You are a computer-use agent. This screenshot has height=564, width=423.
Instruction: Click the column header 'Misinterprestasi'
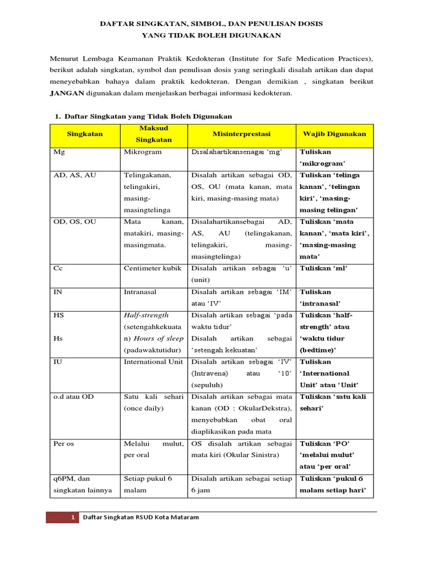click(241, 134)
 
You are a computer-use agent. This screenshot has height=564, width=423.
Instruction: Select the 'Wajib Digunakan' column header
click(334, 134)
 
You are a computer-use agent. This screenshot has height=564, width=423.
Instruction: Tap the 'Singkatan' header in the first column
click(85, 134)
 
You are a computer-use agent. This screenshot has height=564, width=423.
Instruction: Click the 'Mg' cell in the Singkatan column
click(58, 152)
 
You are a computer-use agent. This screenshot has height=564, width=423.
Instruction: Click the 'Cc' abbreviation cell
click(58, 268)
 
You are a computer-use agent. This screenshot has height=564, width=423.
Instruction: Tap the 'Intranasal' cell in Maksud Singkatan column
click(142, 292)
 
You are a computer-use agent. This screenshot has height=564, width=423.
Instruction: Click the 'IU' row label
click(58, 362)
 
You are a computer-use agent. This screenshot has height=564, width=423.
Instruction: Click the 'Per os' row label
click(63, 443)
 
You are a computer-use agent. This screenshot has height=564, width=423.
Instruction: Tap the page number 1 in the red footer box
click(73, 518)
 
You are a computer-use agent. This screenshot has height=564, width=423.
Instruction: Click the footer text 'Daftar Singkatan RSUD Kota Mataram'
click(140, 518)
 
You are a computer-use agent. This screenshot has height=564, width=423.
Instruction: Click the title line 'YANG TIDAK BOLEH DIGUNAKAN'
click(211, 36)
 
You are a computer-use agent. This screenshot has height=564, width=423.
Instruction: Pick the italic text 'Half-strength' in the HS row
click(146, 315)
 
